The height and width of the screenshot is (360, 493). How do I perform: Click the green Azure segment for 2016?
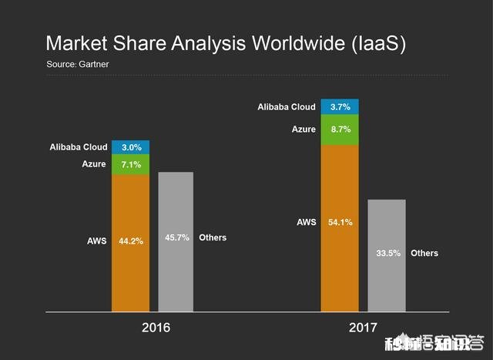(131, 164)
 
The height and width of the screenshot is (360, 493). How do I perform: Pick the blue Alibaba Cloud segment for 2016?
(131, 147)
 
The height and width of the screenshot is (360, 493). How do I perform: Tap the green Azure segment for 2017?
(339, 130)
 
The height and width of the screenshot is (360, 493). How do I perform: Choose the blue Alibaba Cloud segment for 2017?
(339, 107)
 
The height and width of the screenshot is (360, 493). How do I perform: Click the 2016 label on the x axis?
(156, 328)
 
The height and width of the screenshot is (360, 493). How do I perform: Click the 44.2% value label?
(131, 241)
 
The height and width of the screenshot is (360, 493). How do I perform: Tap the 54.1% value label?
(340, 223)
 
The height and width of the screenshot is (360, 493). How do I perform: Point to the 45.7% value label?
(177, 237)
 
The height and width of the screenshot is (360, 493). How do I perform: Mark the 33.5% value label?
(387, 253)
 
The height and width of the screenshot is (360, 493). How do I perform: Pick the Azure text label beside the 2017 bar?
(303, 130)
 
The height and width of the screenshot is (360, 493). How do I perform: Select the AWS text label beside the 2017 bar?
(306, 223)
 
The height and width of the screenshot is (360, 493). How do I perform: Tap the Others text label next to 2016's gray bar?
(213, 237)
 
